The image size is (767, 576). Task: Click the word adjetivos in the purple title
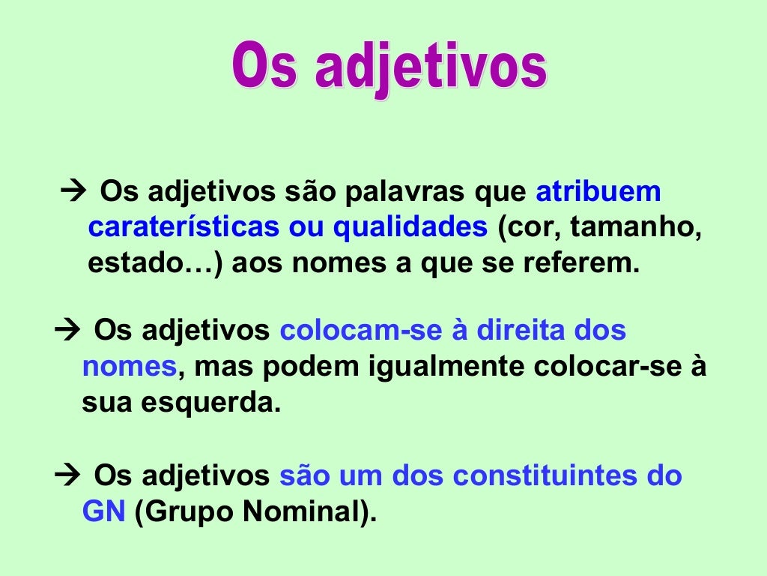tap(431, 69)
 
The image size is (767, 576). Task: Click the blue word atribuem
tap(598, 192)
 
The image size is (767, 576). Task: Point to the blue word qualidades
tap(410, 228)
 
